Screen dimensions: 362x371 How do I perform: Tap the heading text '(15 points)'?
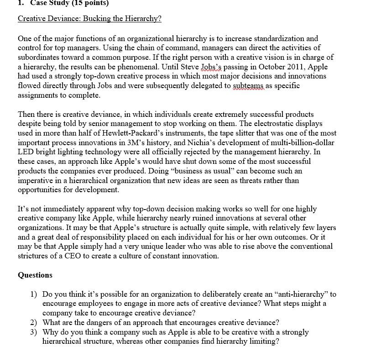[x=90, y=3]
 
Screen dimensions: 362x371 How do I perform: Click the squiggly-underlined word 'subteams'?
[x=249, y=86]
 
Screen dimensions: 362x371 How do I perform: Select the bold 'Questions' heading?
[x=35, y=275]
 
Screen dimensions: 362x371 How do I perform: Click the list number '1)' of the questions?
[x=34, y=294]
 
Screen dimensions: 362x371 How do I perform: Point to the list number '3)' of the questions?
[x=34, y=332]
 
